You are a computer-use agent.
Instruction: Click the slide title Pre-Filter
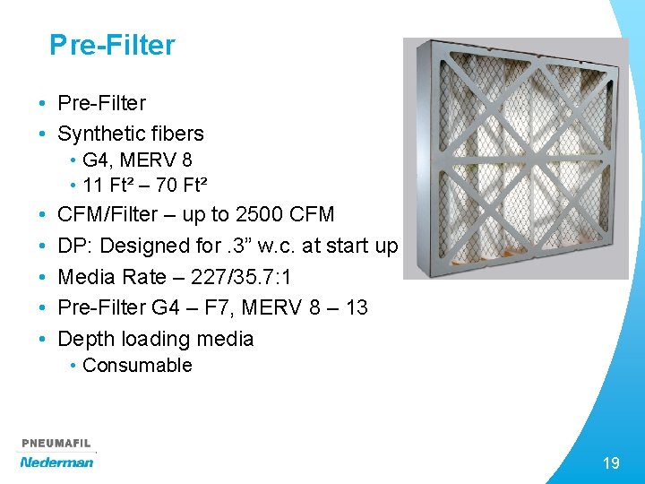click(x=112, y=45)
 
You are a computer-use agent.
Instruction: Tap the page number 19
click(x=611, y=462)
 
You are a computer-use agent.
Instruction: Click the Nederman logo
click(x=57, y=462)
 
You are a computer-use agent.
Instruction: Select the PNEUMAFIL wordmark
click(x=56, y=443)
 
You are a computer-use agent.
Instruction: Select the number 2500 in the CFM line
click(x=260, y=214)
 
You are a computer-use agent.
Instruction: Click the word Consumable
click(x=137, y=366)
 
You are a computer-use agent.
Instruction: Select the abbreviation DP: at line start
click(x=74, y=246)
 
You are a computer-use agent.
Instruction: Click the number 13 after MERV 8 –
click(x=357, y=307)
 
